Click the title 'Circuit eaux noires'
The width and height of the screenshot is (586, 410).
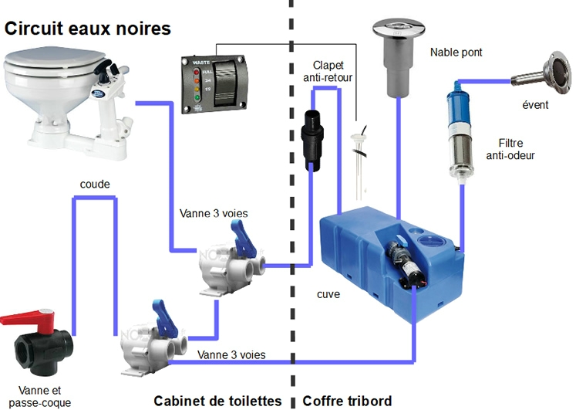[x=87, y=29]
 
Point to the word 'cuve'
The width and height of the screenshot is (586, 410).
[x=329, y=294]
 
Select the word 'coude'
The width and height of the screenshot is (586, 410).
[x=95, y=185]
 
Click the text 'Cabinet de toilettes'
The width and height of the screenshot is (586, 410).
[x=217, y=401]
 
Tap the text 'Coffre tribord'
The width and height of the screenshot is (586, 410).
[x=347, y=401]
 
